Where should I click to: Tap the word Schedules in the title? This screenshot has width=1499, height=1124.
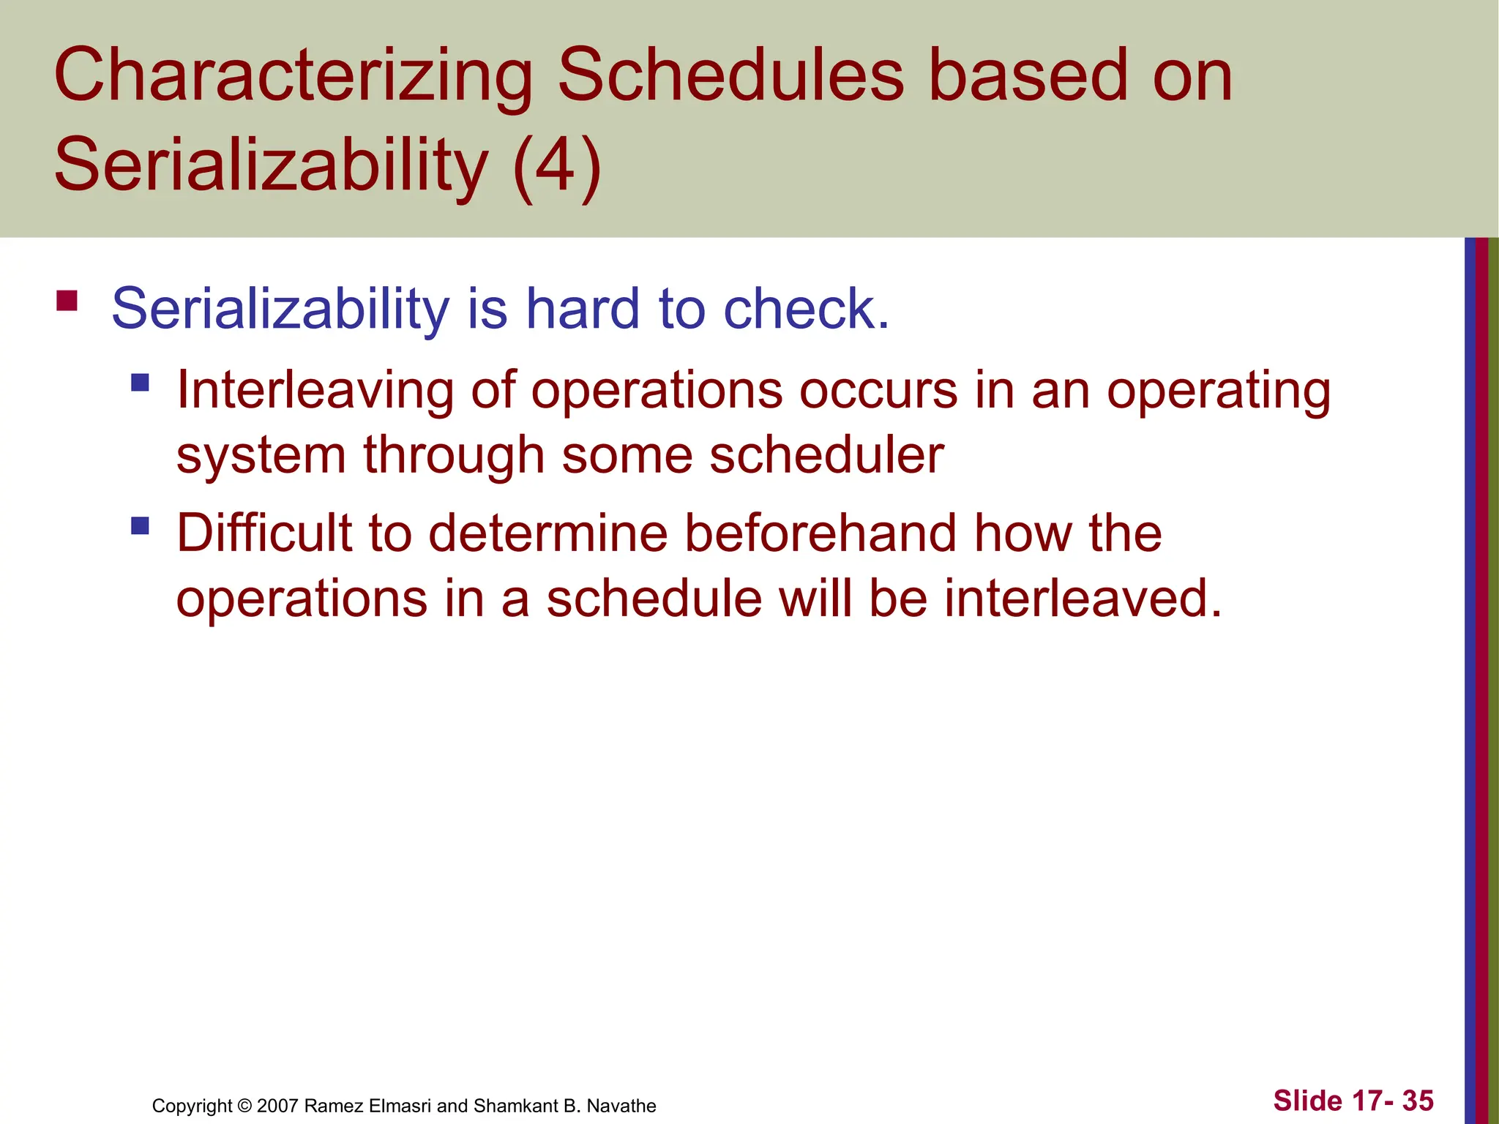tap(730, 75)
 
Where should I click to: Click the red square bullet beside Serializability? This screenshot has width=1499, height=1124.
tap(67, 301)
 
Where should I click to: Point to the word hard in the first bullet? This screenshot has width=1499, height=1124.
tap(583, 309)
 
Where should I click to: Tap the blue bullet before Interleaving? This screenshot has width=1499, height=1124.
tap(140, 382)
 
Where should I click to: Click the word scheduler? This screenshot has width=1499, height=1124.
tap(826, 455)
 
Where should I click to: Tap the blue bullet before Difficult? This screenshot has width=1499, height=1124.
tap(140, 525)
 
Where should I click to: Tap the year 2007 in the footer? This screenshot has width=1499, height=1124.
tap(277, 1106)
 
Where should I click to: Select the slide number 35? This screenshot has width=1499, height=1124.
tap(1417, 1101)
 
